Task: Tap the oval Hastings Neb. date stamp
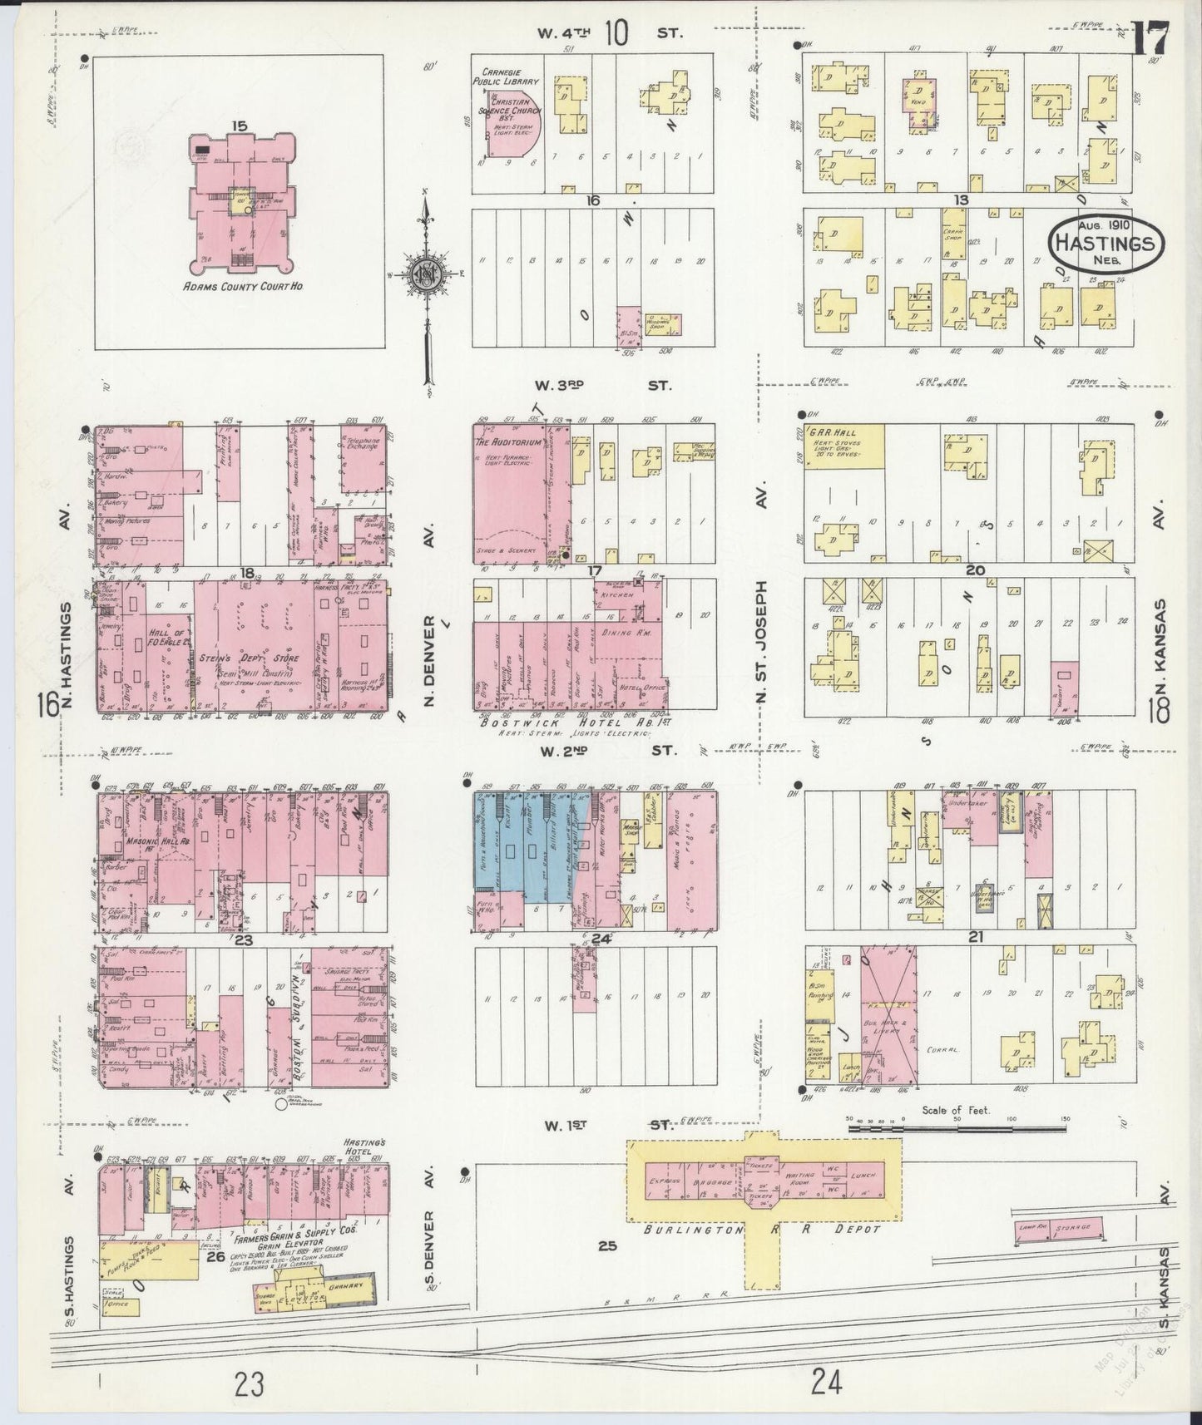click(1105, 242)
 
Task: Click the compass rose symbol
click(426, 275)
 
